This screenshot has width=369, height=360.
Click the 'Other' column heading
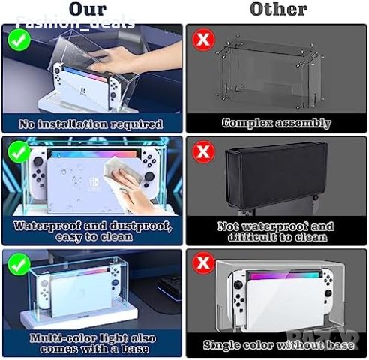coord(278,10)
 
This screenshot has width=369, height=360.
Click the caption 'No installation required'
coord(93,123)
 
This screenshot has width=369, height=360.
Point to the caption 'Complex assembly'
coord(277,123)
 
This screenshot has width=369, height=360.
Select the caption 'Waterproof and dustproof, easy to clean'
coord(93,231)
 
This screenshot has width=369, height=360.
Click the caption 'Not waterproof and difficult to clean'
coord(277,231)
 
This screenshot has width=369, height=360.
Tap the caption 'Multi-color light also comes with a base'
coord(93,343)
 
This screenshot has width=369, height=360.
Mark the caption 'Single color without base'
coord(277,345)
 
